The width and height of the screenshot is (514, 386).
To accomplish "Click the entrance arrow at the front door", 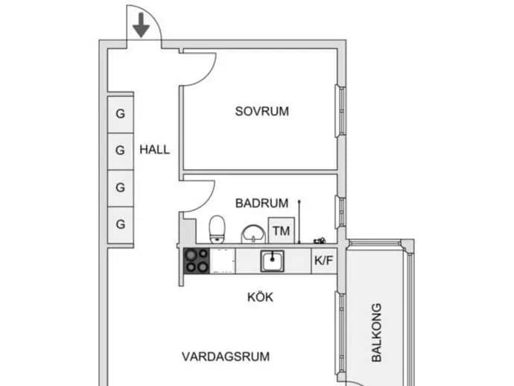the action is point(142,25).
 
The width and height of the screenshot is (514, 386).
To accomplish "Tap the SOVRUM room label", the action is point(262,112).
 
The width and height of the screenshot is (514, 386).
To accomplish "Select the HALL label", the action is point(155,150).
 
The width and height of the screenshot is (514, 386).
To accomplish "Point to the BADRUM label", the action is point(262,203).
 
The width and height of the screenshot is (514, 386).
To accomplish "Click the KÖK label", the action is point(260,297).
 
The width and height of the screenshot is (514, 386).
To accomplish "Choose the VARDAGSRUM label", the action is point(226,356).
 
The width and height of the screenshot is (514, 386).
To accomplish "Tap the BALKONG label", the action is point(377,332).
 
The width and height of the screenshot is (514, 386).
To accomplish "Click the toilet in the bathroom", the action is point(217,230).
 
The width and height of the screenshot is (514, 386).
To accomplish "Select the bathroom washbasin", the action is point(253,234).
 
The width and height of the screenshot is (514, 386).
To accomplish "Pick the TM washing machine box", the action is point(282,230).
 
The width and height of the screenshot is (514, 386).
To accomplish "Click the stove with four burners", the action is point(197,261).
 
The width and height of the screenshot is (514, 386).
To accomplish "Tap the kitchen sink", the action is point(272,261).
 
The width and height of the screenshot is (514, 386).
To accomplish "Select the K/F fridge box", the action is point(323,261).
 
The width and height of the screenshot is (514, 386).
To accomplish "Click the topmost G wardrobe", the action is point(120,114).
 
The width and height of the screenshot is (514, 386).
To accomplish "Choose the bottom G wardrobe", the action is point(120,224).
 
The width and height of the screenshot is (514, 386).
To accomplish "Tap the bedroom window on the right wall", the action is point(340,111).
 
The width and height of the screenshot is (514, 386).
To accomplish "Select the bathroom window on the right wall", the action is point(340,212).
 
